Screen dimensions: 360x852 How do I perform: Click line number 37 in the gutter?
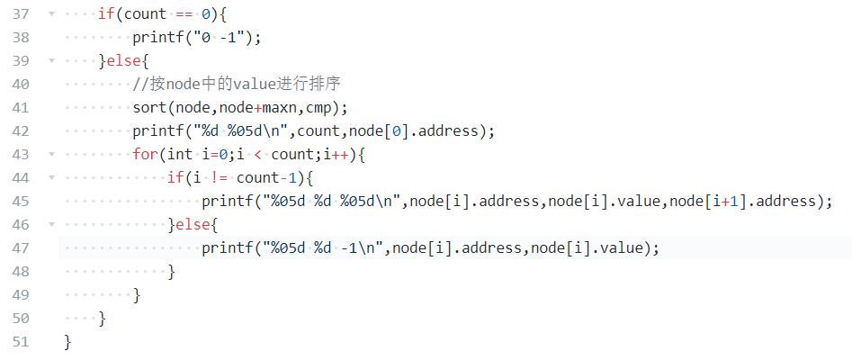tap(21, 14)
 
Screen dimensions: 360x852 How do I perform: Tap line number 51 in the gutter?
tap(21, 342)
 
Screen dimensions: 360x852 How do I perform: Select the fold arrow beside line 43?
tap(51, 154)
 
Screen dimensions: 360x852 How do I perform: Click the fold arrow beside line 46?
tap(51, 224)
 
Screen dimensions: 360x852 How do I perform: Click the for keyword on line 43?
tap(145, 154)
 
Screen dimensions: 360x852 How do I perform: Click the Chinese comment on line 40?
tap(236, 85)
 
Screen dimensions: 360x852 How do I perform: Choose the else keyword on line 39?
tap(123, 61)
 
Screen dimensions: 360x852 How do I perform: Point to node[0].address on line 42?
tap(418, 131)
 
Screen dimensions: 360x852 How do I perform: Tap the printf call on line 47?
tap(227, 247)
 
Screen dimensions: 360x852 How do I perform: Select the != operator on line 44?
tap(218, 177)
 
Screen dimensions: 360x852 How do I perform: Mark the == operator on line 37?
tap(183, 14)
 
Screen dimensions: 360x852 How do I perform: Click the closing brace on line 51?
tap(67, 342)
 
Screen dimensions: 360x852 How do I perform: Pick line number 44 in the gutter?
tap(21, 177)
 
